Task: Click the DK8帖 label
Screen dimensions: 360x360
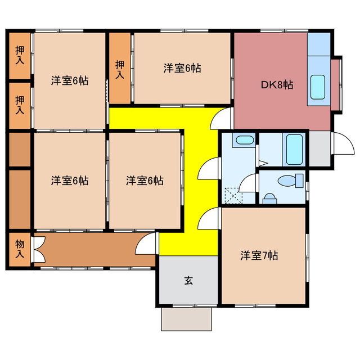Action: (x=276, y=85)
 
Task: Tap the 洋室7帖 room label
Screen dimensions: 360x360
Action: (x=259, y=255)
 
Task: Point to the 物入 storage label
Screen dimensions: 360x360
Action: (x=20, y=249)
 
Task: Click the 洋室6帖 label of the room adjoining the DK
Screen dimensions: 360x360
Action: (x=182, y=68)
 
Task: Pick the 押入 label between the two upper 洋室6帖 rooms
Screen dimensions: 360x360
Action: (x=120, y=69)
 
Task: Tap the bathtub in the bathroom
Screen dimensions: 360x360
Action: (x=295, y=148)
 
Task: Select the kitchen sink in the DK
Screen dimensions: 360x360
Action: (x=318, y=86)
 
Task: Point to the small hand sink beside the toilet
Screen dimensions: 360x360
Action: (x=270, y=198)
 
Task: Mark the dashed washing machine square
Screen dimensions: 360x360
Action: (x=232, y=195)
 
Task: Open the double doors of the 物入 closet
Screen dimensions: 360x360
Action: (x=38, y=249)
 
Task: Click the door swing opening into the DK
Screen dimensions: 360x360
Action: (x=222, y=119)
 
